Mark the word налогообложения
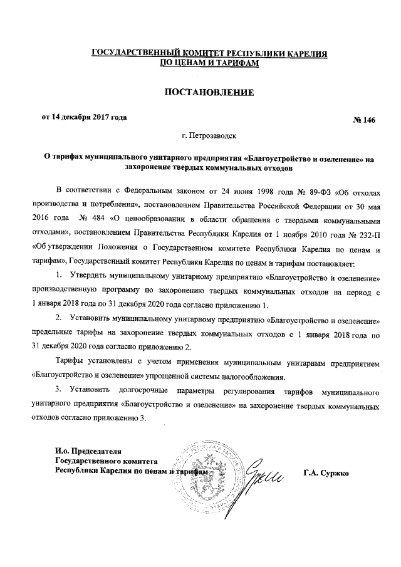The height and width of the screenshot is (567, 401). click(251, 377)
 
